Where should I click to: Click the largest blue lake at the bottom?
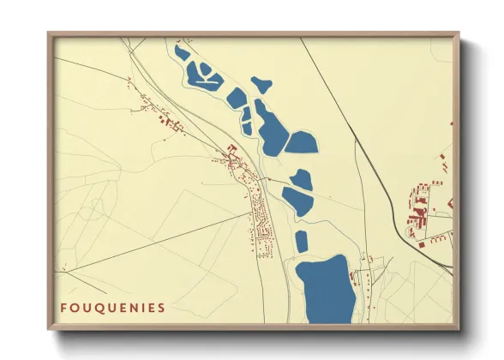(325, 290)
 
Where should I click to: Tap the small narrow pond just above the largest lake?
(302, 241)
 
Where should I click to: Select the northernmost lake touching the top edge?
(181, 52)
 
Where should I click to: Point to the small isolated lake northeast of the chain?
(261, 84)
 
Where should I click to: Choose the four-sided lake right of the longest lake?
(301, 143)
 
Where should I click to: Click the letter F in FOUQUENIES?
(63, 307)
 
